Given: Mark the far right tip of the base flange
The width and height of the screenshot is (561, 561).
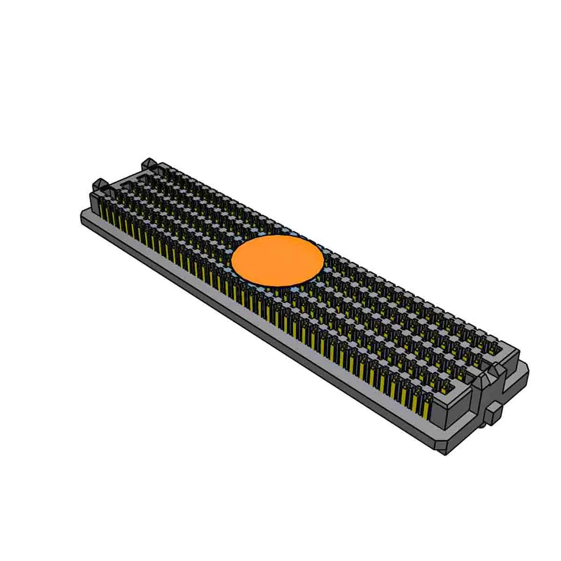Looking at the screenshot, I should pos(527,369).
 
